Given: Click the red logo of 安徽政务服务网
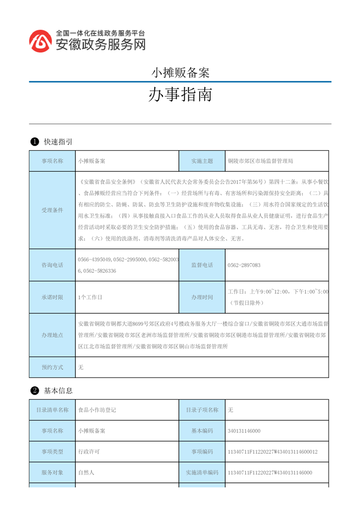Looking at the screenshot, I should (40, 41).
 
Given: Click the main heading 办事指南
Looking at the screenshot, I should (180, 95).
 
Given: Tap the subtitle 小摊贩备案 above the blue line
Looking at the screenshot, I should (180, 73).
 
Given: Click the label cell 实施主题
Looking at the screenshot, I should (202, 161).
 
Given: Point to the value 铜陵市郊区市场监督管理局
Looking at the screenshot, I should (260, 161).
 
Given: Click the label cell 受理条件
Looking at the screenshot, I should (52, 210).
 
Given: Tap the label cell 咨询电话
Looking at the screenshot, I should (52, 265).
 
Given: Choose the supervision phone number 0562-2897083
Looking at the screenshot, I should (244, 265).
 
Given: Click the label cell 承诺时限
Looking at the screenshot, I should (52, 297).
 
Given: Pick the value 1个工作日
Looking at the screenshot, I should (90, 297).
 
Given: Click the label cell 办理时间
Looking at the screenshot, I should (202, 297).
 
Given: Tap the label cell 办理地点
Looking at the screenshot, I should (52, 335).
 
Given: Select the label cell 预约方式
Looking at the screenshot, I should (52, 367).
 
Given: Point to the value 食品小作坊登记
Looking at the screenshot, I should (97, 410).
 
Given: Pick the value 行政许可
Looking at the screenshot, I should (89, 452).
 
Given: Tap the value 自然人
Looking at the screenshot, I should (86, 473).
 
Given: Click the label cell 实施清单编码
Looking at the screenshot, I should (202, 473).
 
